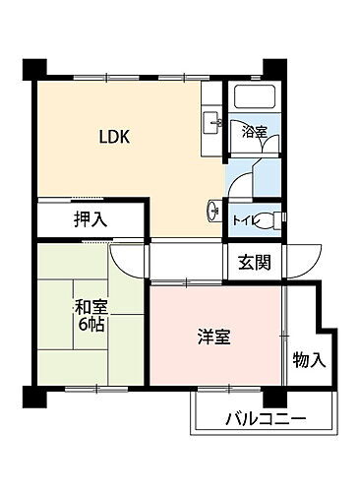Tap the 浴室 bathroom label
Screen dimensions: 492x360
tap(256, 129)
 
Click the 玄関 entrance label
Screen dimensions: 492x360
tap(255, 263)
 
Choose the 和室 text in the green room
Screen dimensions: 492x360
tap(90, 306)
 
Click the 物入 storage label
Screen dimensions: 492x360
tap(309, 360)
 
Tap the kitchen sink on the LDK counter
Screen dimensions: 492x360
tap(210, 123)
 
